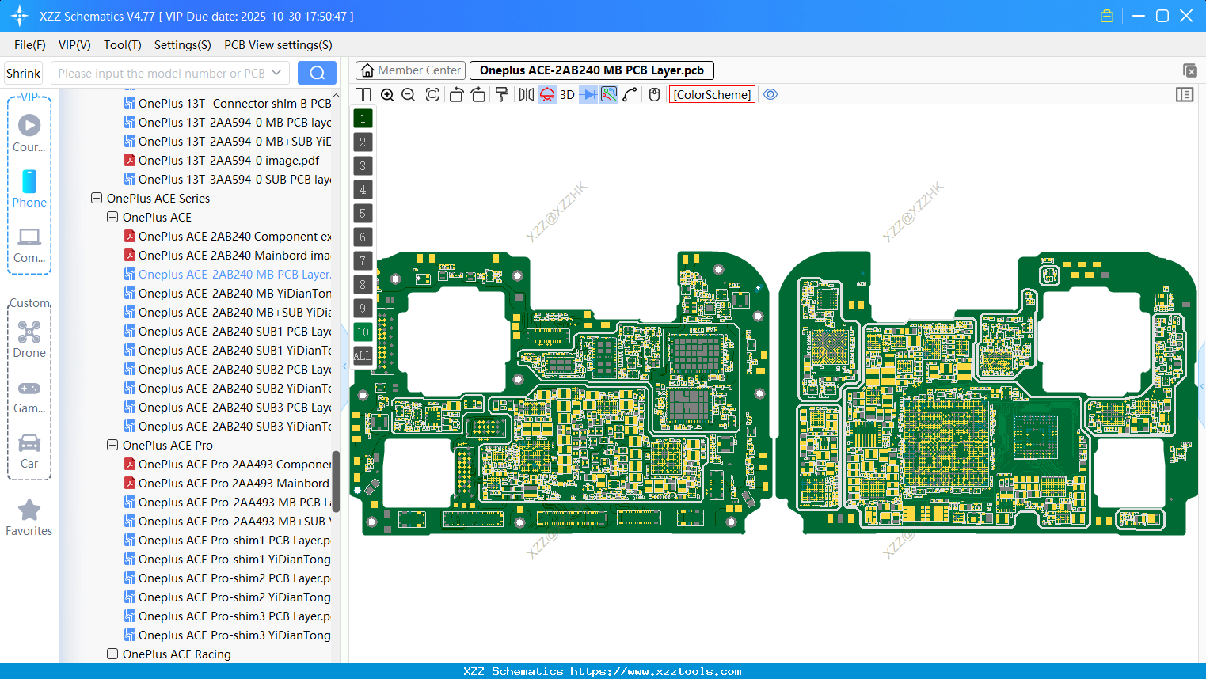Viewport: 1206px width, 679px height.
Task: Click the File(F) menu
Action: [x=29, y=45]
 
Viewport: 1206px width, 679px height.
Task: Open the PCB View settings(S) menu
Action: [x=278, y=45]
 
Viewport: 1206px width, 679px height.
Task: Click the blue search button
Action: [x=317, y=73]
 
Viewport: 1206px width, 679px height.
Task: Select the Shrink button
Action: [x=23, y=73]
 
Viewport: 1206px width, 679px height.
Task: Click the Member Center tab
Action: [x=410, y=70]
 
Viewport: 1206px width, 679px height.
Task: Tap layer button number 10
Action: [x=363, y=332]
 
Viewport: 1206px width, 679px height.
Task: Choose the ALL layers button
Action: [x=363, y=356]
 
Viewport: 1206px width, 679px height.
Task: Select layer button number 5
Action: [x=363, y=214]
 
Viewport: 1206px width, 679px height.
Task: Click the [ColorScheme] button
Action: [x=712, y=95]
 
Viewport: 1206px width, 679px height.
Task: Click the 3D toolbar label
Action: [x=567, y=95]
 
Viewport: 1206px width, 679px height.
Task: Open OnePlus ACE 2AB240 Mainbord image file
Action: [x=234, y=256]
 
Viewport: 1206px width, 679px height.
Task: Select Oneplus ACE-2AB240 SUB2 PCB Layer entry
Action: [x=234, y=370]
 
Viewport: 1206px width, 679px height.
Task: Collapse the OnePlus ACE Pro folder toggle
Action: [x=112, y=446]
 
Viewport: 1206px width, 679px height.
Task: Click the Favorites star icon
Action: [x=29, y=510]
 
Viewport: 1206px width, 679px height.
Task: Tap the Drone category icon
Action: [x=29, y=332]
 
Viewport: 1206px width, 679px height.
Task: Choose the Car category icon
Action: [x=29, y=443]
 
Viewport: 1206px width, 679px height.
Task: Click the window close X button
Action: [x=1186, y=16]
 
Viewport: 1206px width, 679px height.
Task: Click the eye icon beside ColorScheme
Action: [x=770, y=95]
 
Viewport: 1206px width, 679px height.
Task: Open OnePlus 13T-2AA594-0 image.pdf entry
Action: [x=228, y=161]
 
